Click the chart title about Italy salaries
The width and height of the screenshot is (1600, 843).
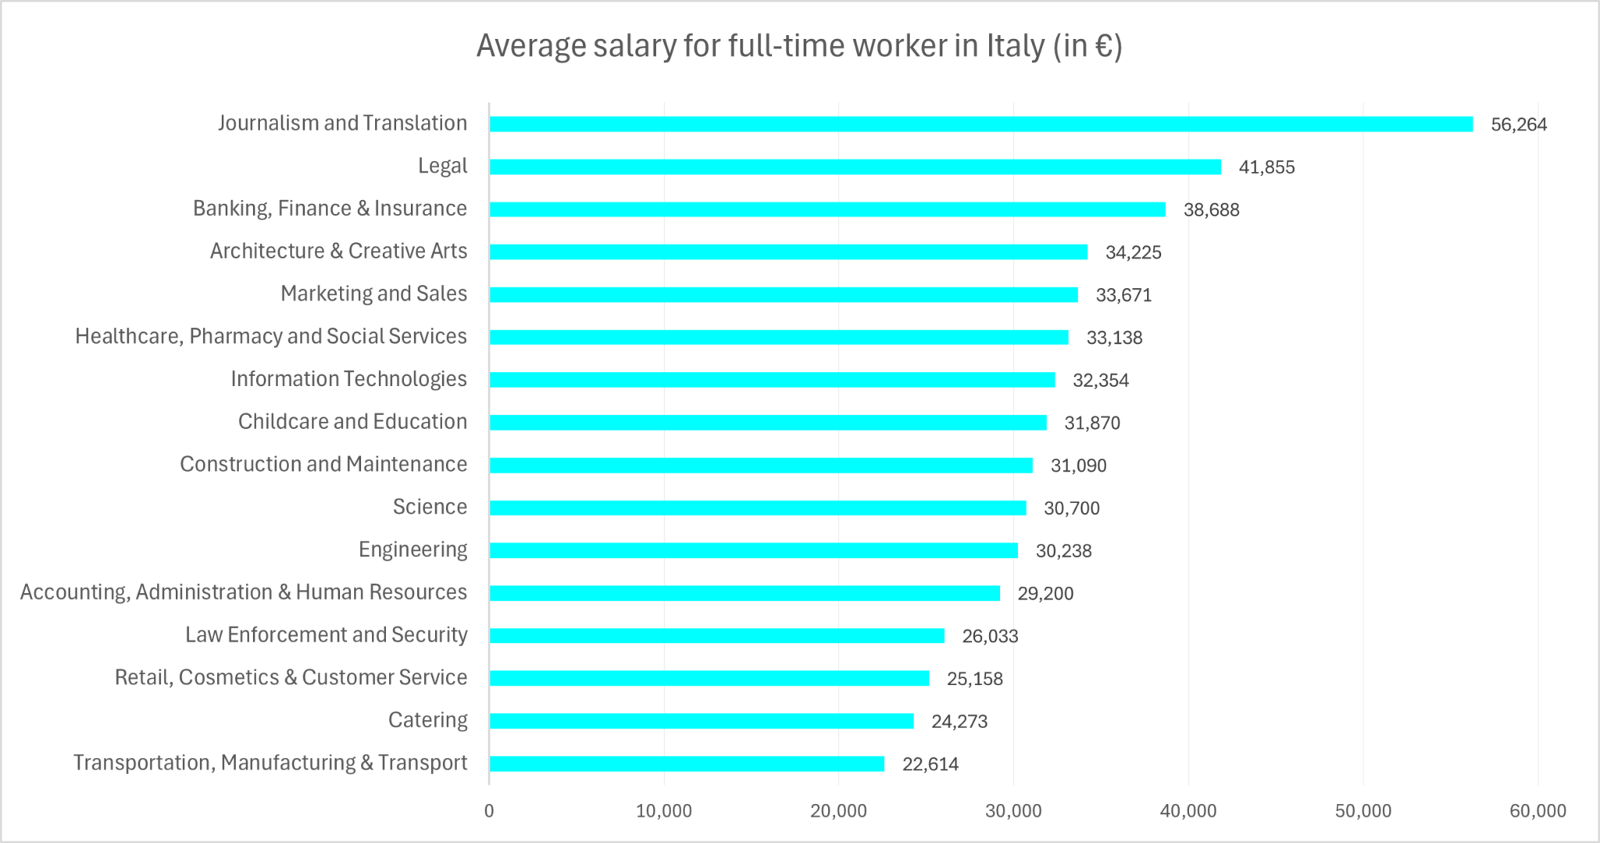pos(799,46)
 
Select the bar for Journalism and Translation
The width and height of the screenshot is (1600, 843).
pos(980,124)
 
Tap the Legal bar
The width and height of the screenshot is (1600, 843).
pos(855,167)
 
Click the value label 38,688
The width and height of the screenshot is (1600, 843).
pos(1211,209)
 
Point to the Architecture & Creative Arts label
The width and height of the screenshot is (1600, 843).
pos(338,251)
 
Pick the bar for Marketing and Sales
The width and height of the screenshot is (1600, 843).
pos(783,295)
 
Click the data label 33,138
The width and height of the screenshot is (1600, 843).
pos(1114,338)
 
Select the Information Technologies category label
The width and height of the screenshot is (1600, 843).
pos(348,379)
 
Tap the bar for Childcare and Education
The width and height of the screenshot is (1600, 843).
pos(767,423)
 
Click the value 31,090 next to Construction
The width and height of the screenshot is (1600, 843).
pos(1078,466)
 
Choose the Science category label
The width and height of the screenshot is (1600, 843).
pos(430,507)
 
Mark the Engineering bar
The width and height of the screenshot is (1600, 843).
pos(753,551)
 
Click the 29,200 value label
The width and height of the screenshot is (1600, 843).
pos(1045,594)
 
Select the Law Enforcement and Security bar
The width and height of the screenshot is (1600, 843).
pos(716,636)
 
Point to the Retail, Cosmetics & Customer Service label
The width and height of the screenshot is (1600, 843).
pos(291,677)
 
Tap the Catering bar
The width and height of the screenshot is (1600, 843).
pos(701,721)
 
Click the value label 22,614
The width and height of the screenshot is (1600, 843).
pos(930,764)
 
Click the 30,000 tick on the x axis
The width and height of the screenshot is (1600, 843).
pos(1013,811)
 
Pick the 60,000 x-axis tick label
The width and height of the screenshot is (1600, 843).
pos(1537,811)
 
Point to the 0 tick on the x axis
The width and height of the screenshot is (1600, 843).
pos(489,811)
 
